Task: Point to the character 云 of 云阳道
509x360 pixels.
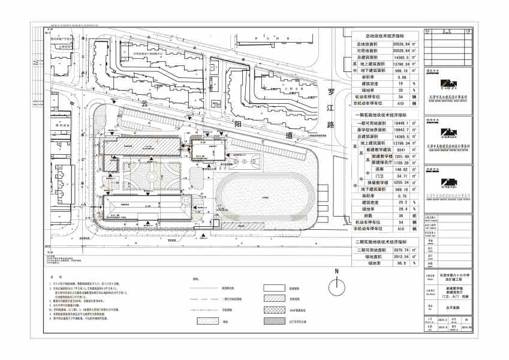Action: click(144, 103)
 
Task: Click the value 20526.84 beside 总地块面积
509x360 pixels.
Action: click(396, 44)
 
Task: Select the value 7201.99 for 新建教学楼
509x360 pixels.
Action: click(398, 156)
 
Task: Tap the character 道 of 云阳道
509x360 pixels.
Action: click(290, 136)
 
